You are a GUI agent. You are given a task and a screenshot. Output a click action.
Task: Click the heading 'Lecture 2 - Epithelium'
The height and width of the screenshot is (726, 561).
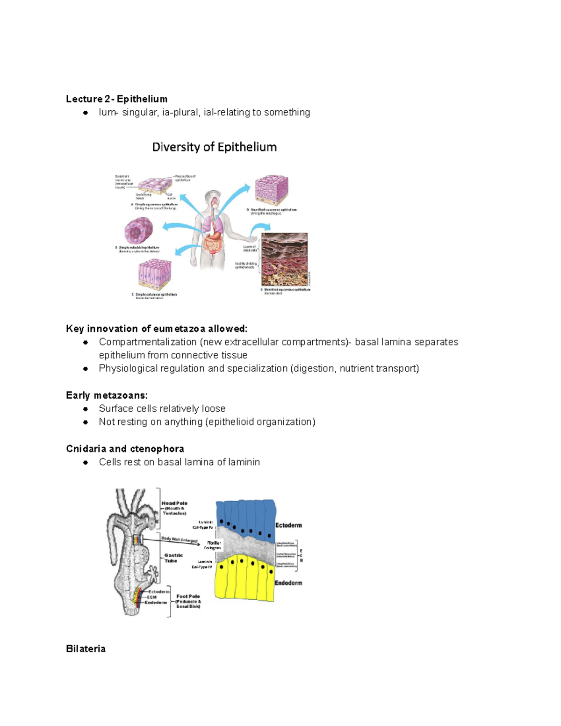click(116, 99)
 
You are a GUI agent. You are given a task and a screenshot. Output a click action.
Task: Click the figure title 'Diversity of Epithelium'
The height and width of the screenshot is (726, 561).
click(214, 147)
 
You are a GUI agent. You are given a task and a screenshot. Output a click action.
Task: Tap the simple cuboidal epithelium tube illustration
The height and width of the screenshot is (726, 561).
click(139, 231)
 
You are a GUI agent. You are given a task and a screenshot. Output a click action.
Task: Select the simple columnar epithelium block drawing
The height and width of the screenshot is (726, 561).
click(155, 275)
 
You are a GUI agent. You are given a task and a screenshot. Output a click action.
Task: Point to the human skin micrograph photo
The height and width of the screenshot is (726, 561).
click(284, 259)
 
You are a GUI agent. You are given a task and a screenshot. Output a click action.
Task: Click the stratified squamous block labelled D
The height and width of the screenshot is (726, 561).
click(271, 189)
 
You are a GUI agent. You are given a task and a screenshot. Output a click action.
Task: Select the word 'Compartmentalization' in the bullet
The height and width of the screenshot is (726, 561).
click(148, 342)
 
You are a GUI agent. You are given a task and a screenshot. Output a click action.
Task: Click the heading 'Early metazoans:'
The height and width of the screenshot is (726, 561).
click(107, 395)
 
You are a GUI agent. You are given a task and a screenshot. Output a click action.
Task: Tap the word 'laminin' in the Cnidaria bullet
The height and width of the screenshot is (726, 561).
click(244, 462)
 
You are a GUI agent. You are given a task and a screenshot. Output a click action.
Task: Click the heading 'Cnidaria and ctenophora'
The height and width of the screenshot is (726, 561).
click(125, 449)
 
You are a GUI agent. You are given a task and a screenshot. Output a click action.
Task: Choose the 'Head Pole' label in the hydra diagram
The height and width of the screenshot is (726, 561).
click(174, 503)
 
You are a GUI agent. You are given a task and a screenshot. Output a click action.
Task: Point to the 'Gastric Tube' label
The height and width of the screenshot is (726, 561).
click(173, 558)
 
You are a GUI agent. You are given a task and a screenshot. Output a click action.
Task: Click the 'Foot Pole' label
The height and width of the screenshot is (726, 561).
click(188, 597)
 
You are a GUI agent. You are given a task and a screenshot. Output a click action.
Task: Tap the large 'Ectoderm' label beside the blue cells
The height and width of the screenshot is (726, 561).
click(288, 525)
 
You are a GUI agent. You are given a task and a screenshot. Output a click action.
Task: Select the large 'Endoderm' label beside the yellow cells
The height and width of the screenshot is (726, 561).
click(288, 583)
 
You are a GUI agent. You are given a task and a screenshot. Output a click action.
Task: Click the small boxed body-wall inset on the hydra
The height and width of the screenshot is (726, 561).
click(137, 539)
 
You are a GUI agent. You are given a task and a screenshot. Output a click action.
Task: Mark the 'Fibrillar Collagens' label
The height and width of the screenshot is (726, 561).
click(213, 545)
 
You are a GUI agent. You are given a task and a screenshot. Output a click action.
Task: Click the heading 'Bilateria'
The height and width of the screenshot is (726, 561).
click(86, 649)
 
